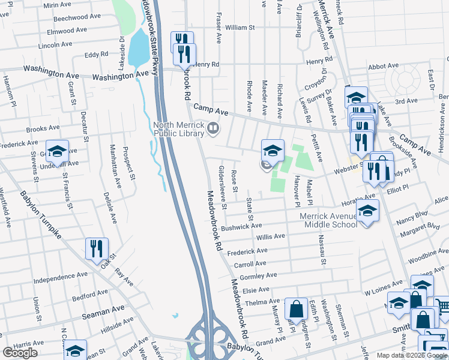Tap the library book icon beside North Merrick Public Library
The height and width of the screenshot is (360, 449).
pyautogui.click(x=212, y=128)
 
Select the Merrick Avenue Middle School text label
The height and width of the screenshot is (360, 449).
pyautogui.click(x=330, y=220)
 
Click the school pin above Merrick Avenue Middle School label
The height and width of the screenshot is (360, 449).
pyautogui.click(x=367, y=211)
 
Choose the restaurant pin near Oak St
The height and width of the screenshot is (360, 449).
pyautogui.click(x=97, y=248)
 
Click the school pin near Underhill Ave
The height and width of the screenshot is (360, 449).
pyautogui.click(x=57, y=152)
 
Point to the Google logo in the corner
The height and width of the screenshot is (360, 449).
pyautogui.click(x=20, y=353)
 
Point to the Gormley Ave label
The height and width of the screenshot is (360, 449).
pyautogui.click(x=258, y=275)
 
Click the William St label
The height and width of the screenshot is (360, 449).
pyautogui.click(x=240, y=28)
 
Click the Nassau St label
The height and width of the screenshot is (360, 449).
pyautogui.click(x=322, y=251)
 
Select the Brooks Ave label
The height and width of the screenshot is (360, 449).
pyautogui.click(x=43, y=128)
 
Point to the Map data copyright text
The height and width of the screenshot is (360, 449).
pyautogui.click(x=412, y=355)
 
